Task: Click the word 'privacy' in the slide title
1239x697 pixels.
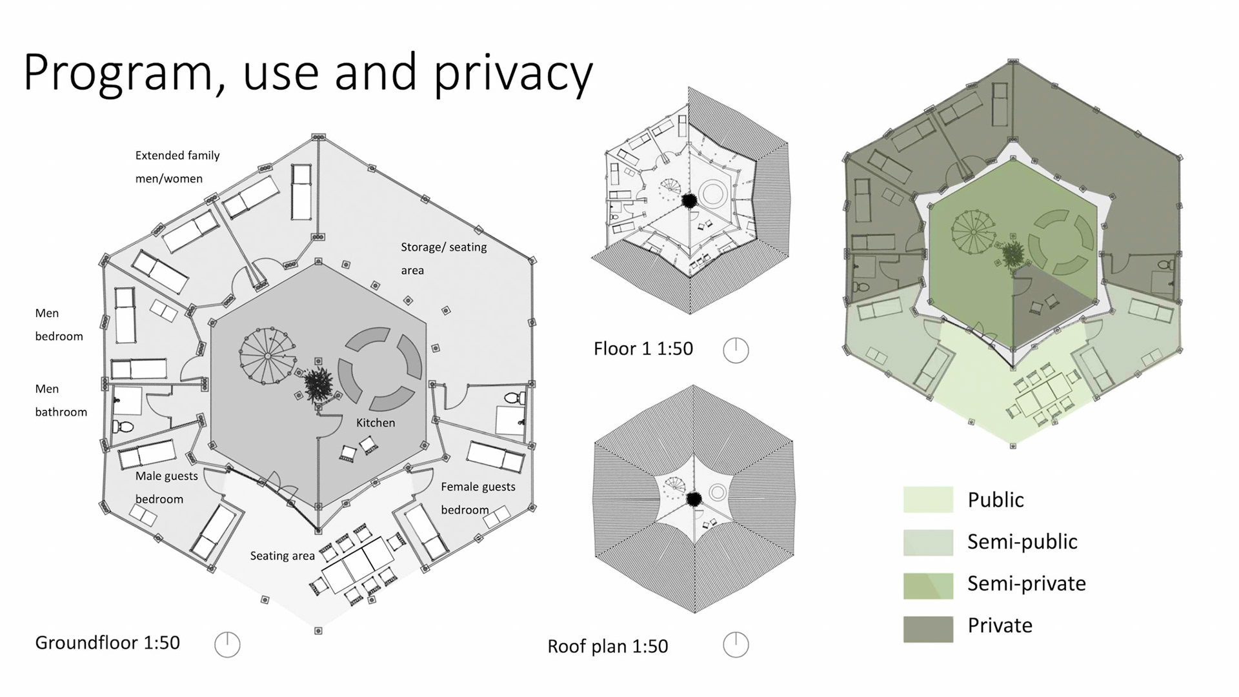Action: tap(513, 72)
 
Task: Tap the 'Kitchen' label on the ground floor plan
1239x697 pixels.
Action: tap(376, 423)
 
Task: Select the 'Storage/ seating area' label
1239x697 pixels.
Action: tap(443, 258)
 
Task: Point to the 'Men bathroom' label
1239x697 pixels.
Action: tap(61, 400)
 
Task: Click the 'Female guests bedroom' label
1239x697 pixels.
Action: tap(478, 498)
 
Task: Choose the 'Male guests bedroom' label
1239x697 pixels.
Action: tap(166, 487)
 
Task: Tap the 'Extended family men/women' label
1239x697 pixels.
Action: tap(177, 167)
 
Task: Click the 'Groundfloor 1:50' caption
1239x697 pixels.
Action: tap(107, 643)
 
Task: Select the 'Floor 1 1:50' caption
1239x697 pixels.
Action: tap(643, 349)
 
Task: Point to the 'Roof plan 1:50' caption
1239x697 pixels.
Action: tap(607, 646)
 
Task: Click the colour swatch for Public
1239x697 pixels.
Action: tap(928, 500)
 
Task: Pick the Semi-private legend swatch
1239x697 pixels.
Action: tap(928, 585)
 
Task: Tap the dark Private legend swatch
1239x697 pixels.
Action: tap(928, 629)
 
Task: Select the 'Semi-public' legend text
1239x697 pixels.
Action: tap(1022, 542)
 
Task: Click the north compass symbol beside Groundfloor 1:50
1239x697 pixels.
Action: tap(227, 644)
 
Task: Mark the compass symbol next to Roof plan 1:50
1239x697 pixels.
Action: tap(736, 644)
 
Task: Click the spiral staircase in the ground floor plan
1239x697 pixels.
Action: tap(268, 356)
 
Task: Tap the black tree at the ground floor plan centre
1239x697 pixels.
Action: tap(318, 385)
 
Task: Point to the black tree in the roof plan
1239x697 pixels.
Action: tap(694, 498)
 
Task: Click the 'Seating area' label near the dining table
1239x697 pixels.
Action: tap(282, 556)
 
